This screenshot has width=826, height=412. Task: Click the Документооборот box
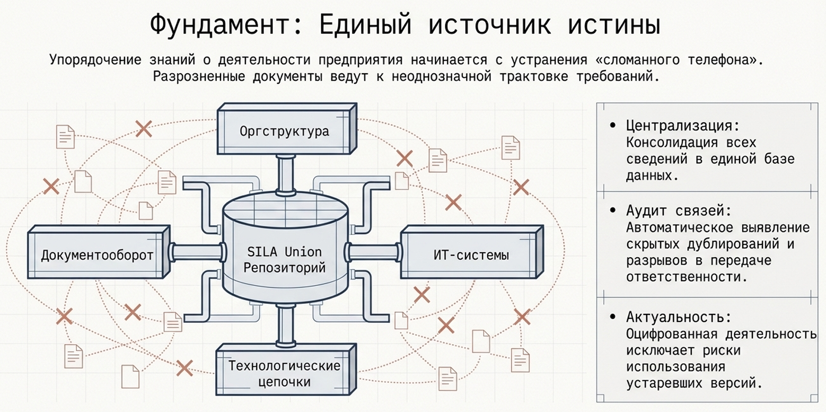pyautogui.click(x=97, y=256)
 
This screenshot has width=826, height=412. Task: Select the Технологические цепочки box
pyautogui.click(x=284, y=373)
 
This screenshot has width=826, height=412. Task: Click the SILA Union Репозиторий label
pyautogui.click(x=284, y=258)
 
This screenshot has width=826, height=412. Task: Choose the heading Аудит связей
pyautogui.click(x=678, y=211)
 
